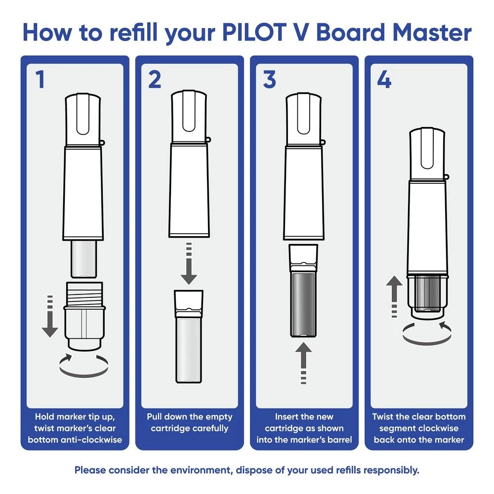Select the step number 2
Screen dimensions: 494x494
tap(155, 81)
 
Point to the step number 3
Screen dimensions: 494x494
tap(269, 81)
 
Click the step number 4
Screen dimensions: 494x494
tap(384, 81)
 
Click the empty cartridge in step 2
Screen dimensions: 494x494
tap(188, 336)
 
